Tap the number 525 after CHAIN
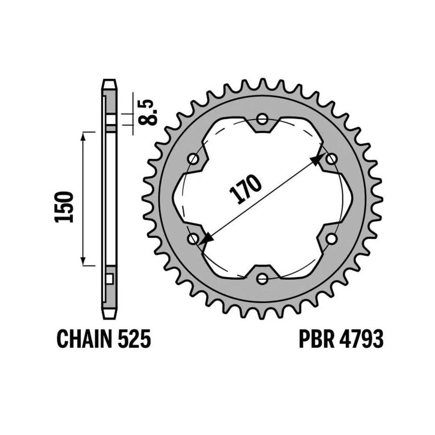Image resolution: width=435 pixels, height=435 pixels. [x=134, y=339]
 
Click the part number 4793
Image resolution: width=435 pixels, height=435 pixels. [x=361, y=339]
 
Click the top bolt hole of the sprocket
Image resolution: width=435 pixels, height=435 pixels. [x=262, y=120]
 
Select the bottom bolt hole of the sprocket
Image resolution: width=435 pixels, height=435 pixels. [x=262, y=278]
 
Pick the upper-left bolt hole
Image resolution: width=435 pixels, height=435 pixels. [x=193, y=159]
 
